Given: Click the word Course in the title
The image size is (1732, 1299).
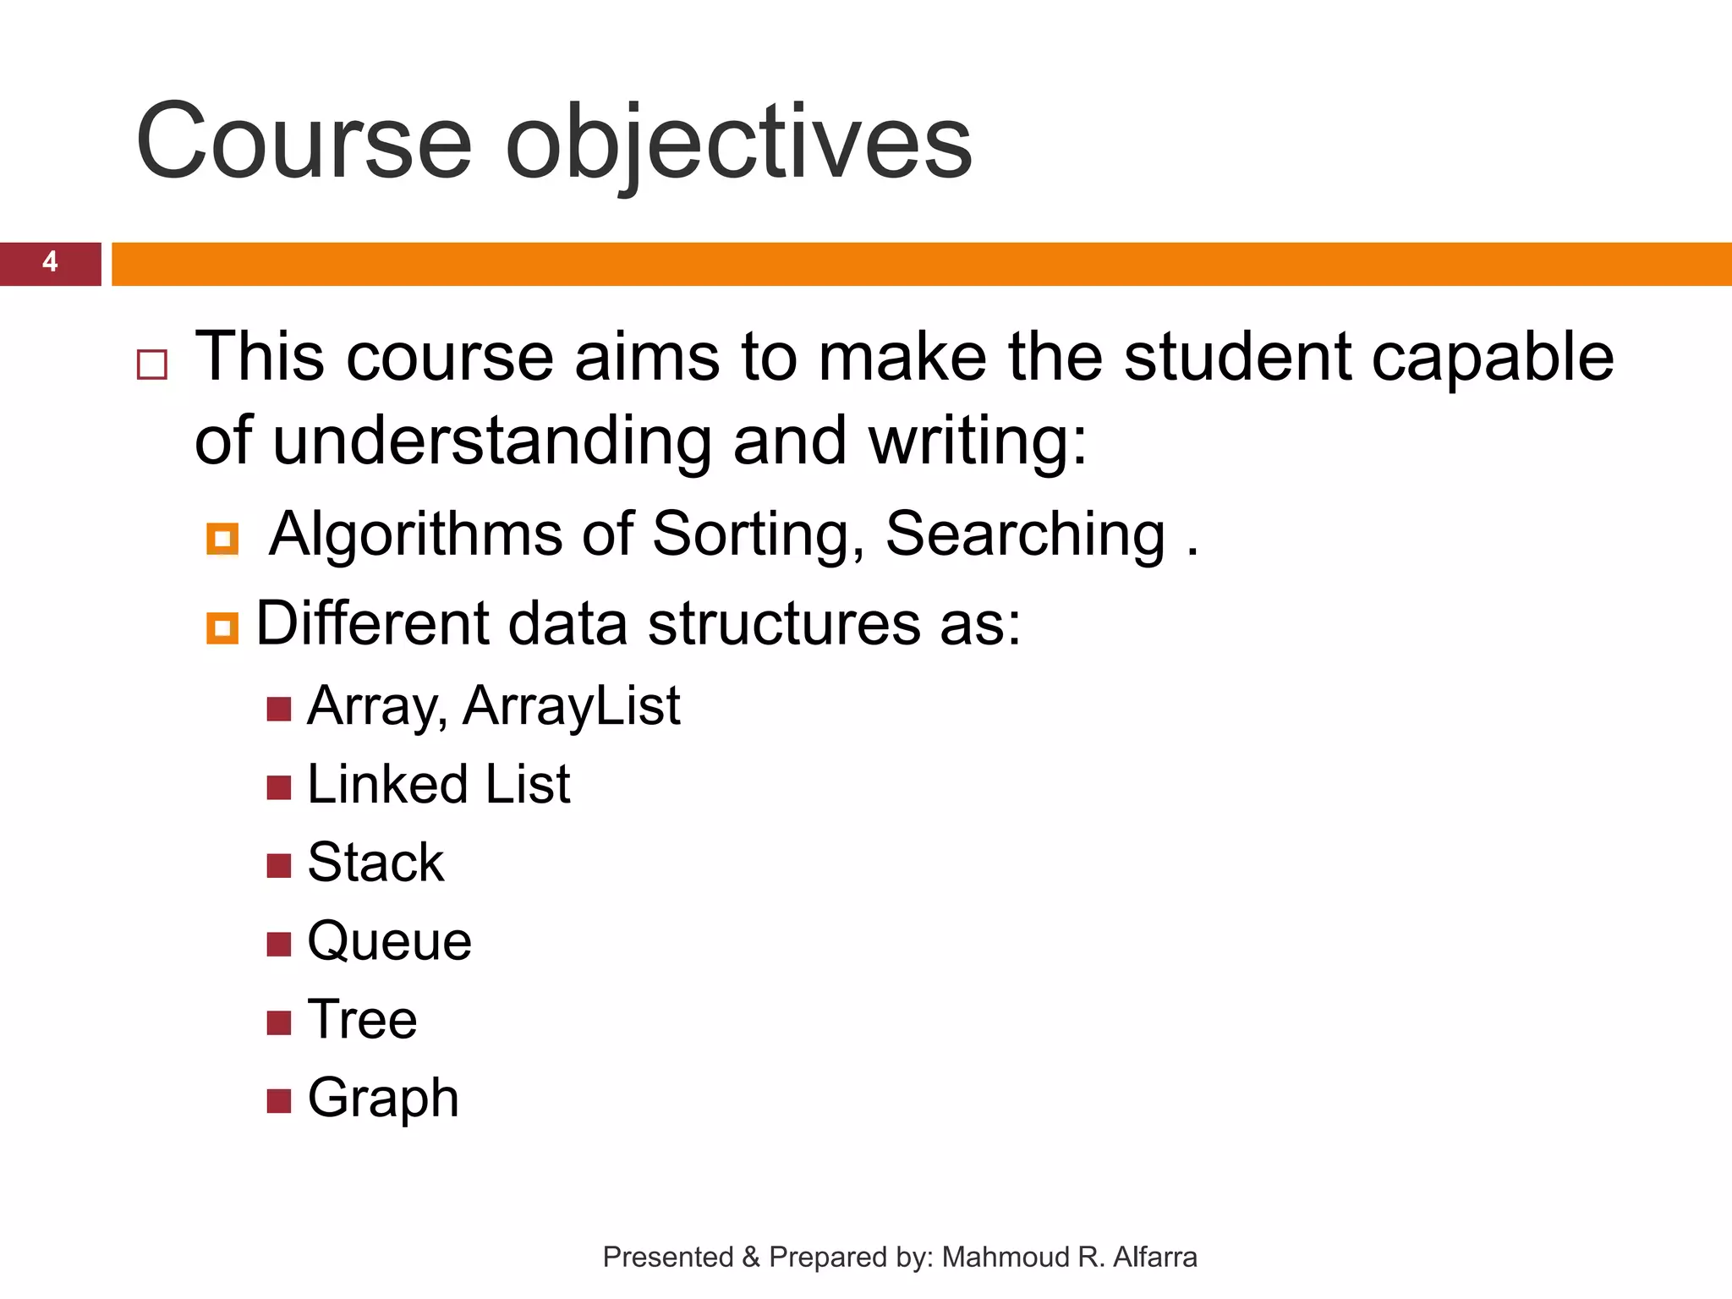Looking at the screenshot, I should [303, 141].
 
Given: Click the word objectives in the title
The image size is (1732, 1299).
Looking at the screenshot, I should [738, 141].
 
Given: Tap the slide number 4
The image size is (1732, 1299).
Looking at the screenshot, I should [50, 262].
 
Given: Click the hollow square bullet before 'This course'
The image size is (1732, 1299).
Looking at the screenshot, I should [152, 364].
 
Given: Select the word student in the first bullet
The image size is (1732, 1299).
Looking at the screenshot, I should [1237, 357].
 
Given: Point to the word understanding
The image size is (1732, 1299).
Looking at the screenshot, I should [491, 441].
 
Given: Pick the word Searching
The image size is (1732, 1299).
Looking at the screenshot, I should [1025, 534].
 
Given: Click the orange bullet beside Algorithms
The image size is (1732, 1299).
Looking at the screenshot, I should [222, 539].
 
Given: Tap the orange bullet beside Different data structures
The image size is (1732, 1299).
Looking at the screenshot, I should [222, 628].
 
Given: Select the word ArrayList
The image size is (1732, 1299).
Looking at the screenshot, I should [571, 705].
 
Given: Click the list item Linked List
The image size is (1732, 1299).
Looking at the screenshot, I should [438, 784].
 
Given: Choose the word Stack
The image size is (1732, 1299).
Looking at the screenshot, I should [375, 863].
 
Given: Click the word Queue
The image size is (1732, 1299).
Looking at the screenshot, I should [389, 941].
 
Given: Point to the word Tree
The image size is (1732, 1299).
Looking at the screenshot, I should [362, 1019].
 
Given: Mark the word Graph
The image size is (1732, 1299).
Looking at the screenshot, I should [382, 1099].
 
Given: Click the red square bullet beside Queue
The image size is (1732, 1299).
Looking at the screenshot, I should [278, 944].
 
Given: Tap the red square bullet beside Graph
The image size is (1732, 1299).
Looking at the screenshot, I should [278, 1101].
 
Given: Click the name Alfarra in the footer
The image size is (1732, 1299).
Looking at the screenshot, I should [1154, 1258].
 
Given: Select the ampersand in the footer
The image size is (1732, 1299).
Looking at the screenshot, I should [751, 1258].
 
